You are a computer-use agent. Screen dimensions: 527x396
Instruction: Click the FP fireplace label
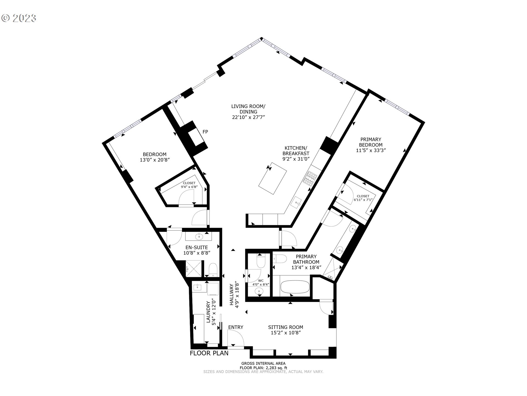click(x=205, y=132)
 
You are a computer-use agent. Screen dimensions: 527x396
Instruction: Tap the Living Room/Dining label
click(x=248, y=109)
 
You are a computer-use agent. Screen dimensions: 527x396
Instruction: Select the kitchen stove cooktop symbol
click(x=310, y=177)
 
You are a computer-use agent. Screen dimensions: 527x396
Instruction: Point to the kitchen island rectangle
click(x=273, y=178)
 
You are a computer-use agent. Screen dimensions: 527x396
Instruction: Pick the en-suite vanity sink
click(x=198, y=236)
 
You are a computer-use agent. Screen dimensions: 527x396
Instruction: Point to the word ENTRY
click(x=236, y=327)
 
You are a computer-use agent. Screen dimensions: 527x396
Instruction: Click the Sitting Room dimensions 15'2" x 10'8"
click(x=285, y=333)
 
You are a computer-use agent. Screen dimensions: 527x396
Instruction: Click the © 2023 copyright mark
click(x=19, y=18)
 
